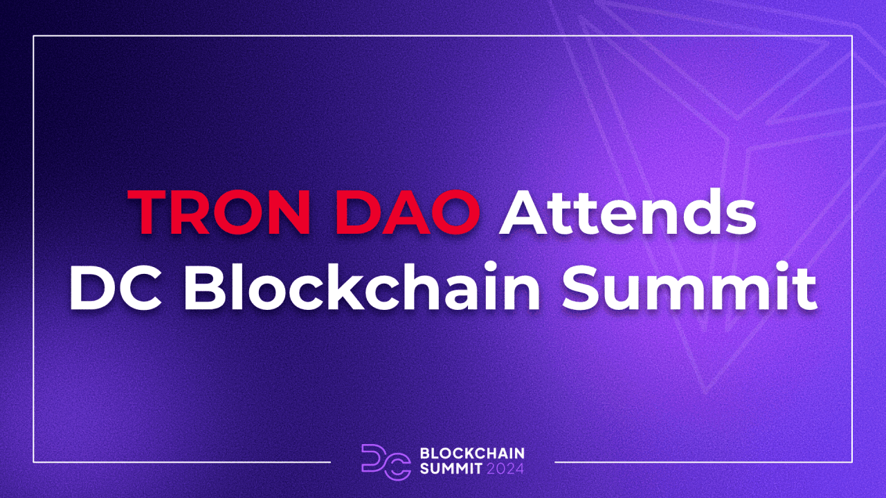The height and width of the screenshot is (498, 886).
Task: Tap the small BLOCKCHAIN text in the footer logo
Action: pyautogui.click(x=472, y=453)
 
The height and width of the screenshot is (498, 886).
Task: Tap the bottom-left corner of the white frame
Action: pyautogui.click(x=33, y=461)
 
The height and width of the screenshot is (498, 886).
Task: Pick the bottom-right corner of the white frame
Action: pyautogui.click(x=852, y=461)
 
